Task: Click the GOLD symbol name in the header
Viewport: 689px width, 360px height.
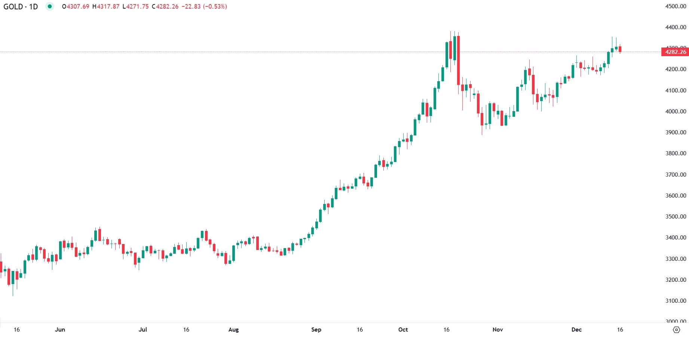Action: tap(13, 7)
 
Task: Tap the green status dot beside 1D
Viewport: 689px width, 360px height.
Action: tap(49, 6)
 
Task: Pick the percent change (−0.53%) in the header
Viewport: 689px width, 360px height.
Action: tap(215, 7)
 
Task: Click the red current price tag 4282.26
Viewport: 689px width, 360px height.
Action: tap(675, 52)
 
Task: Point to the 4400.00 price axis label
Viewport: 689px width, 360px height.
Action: tap(676, 27)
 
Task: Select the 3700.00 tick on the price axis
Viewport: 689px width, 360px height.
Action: tap(676, 175)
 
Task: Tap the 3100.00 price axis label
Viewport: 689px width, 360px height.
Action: tap(676, 301)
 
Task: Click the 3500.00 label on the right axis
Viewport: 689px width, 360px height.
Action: tap(676, 217)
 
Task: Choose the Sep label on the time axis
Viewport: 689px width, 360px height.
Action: tap(316, 330)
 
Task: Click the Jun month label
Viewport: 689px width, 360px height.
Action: tap(60, 330)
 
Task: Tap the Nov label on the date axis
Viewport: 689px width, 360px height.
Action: tap(497, 330)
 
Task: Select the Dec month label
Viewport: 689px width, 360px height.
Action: tap(576, 330)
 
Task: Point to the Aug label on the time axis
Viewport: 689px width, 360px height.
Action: tap(233, 330)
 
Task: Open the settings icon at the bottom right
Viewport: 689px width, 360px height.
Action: tap(676, 330)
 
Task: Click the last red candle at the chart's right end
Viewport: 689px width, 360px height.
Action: tap(620, 49)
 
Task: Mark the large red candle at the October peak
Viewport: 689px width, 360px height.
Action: tap(458, 60)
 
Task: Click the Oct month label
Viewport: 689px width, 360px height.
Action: tap(403, 330)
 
